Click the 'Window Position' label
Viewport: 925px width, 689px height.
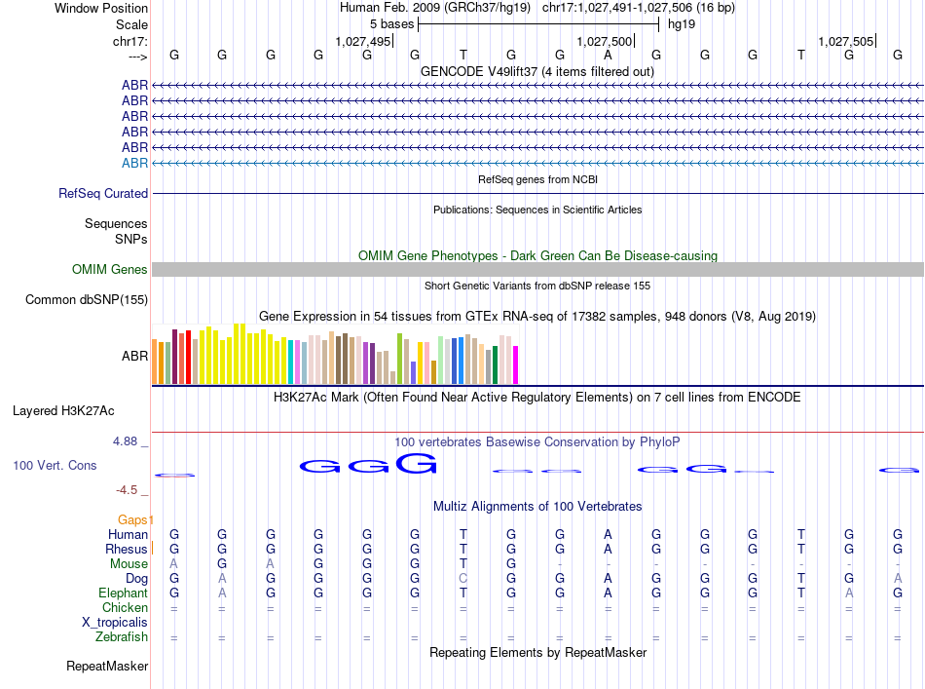coord(101,8)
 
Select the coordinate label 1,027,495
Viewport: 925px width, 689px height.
coord(362,41)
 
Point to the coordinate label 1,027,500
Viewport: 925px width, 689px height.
coord(605,41)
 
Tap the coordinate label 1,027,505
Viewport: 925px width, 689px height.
coord(846,41)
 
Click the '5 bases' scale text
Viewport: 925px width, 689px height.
coord(391,24)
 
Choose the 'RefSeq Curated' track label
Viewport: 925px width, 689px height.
coord(103,194)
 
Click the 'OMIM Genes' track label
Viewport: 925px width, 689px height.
coord(110,270)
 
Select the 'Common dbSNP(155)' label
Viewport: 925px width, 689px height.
coord(87,300)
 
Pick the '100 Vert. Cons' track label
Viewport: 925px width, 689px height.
coord(55,466)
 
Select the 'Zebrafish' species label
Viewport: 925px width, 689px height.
coord(122,637)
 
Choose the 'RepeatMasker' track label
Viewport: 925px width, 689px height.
coord(107,667)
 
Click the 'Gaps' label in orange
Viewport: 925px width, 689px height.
coord(135,519)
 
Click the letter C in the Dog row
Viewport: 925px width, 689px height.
coord(463,578)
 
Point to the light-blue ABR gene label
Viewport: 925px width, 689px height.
coord(134,163)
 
